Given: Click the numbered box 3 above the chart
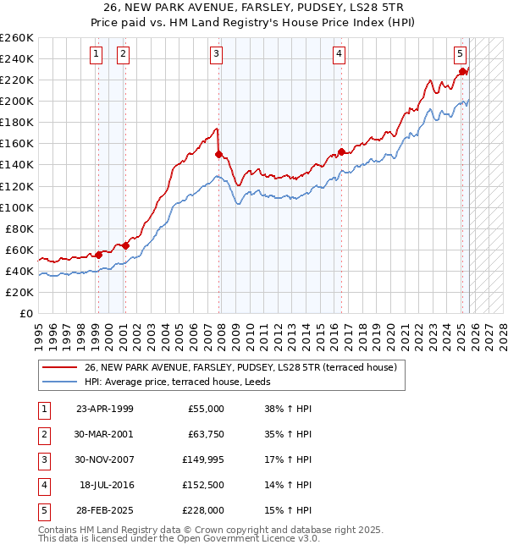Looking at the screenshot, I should click(217, 54).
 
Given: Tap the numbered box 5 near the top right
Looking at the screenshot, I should click(460, 54).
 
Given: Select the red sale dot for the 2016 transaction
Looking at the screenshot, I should click(341, 151).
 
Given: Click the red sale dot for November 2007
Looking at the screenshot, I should click(218, 154).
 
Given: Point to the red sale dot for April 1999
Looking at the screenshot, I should click(98, 254).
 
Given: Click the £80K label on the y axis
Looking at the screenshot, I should click(19, 228).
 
